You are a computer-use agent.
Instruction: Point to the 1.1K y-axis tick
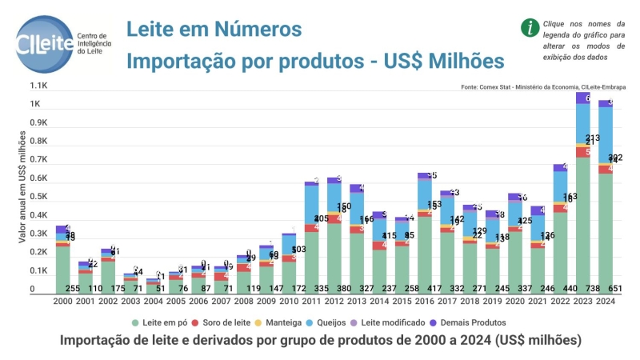pos(39,86)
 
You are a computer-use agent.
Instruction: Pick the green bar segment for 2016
pos(425,248)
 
